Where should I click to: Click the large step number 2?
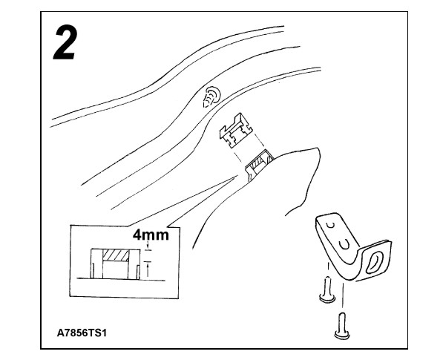point(65,42)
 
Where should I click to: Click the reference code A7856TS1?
point(82,333)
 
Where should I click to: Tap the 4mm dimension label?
point(151,235)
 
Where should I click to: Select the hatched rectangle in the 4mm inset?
point(116,255)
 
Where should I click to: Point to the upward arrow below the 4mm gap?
point(148,269)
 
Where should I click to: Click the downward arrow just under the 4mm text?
point(148,246)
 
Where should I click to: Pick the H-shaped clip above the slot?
point(235,131)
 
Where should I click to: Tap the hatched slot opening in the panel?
point(259,162)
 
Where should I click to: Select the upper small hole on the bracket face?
point(332,225)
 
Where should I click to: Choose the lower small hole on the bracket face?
point(344,245)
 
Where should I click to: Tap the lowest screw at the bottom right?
point(342,326)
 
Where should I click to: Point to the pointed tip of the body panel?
point(318,148)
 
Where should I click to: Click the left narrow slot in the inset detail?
point(93,270)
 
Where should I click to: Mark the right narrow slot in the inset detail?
point(138,272)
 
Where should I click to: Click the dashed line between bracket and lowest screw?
point(342,295)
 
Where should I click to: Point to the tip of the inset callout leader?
point(237,175)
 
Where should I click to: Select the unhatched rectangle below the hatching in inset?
point(115,270)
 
